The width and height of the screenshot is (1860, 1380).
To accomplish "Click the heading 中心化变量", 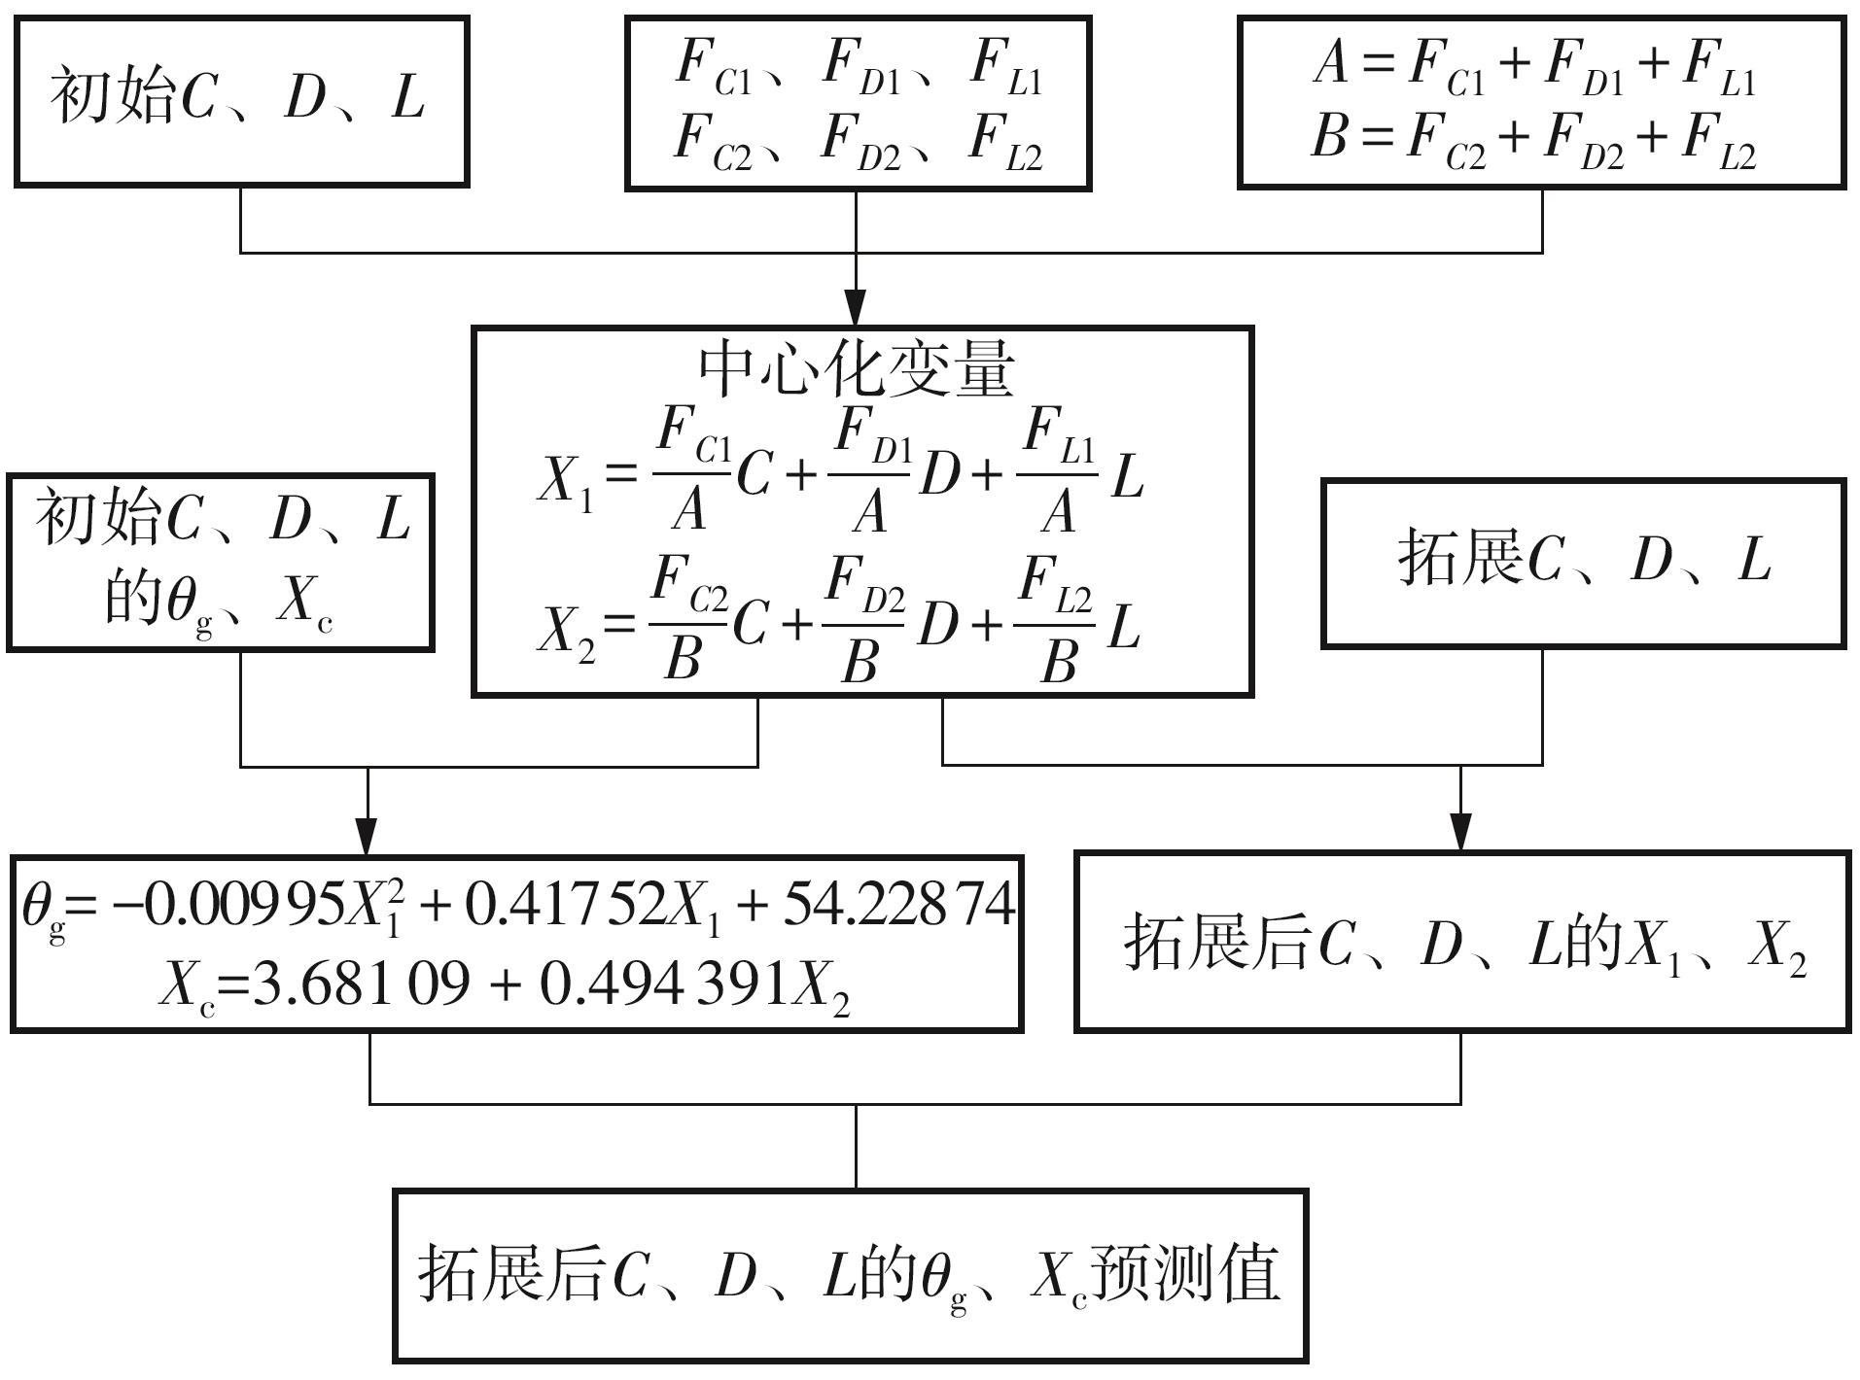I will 857,369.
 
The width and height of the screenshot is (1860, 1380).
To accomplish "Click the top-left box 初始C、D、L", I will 241,100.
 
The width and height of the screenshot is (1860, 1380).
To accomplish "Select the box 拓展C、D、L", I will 1583,563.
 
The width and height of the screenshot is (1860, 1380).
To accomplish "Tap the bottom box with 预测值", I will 850,1274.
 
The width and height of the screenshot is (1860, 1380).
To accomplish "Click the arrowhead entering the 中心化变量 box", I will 856,309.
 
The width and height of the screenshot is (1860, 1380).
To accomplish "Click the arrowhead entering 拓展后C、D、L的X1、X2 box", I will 1460,834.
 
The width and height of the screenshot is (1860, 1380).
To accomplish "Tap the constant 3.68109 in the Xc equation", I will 361,984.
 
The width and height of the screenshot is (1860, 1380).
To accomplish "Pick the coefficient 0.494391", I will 663,984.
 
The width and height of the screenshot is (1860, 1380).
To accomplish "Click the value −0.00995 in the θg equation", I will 228,905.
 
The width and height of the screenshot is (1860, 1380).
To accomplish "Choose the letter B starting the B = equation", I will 1329,136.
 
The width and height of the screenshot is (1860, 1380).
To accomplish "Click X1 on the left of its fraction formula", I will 565,480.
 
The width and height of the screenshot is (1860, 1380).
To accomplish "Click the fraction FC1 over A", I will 690,471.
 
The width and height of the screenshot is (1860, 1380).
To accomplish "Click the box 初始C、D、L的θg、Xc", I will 220,562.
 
